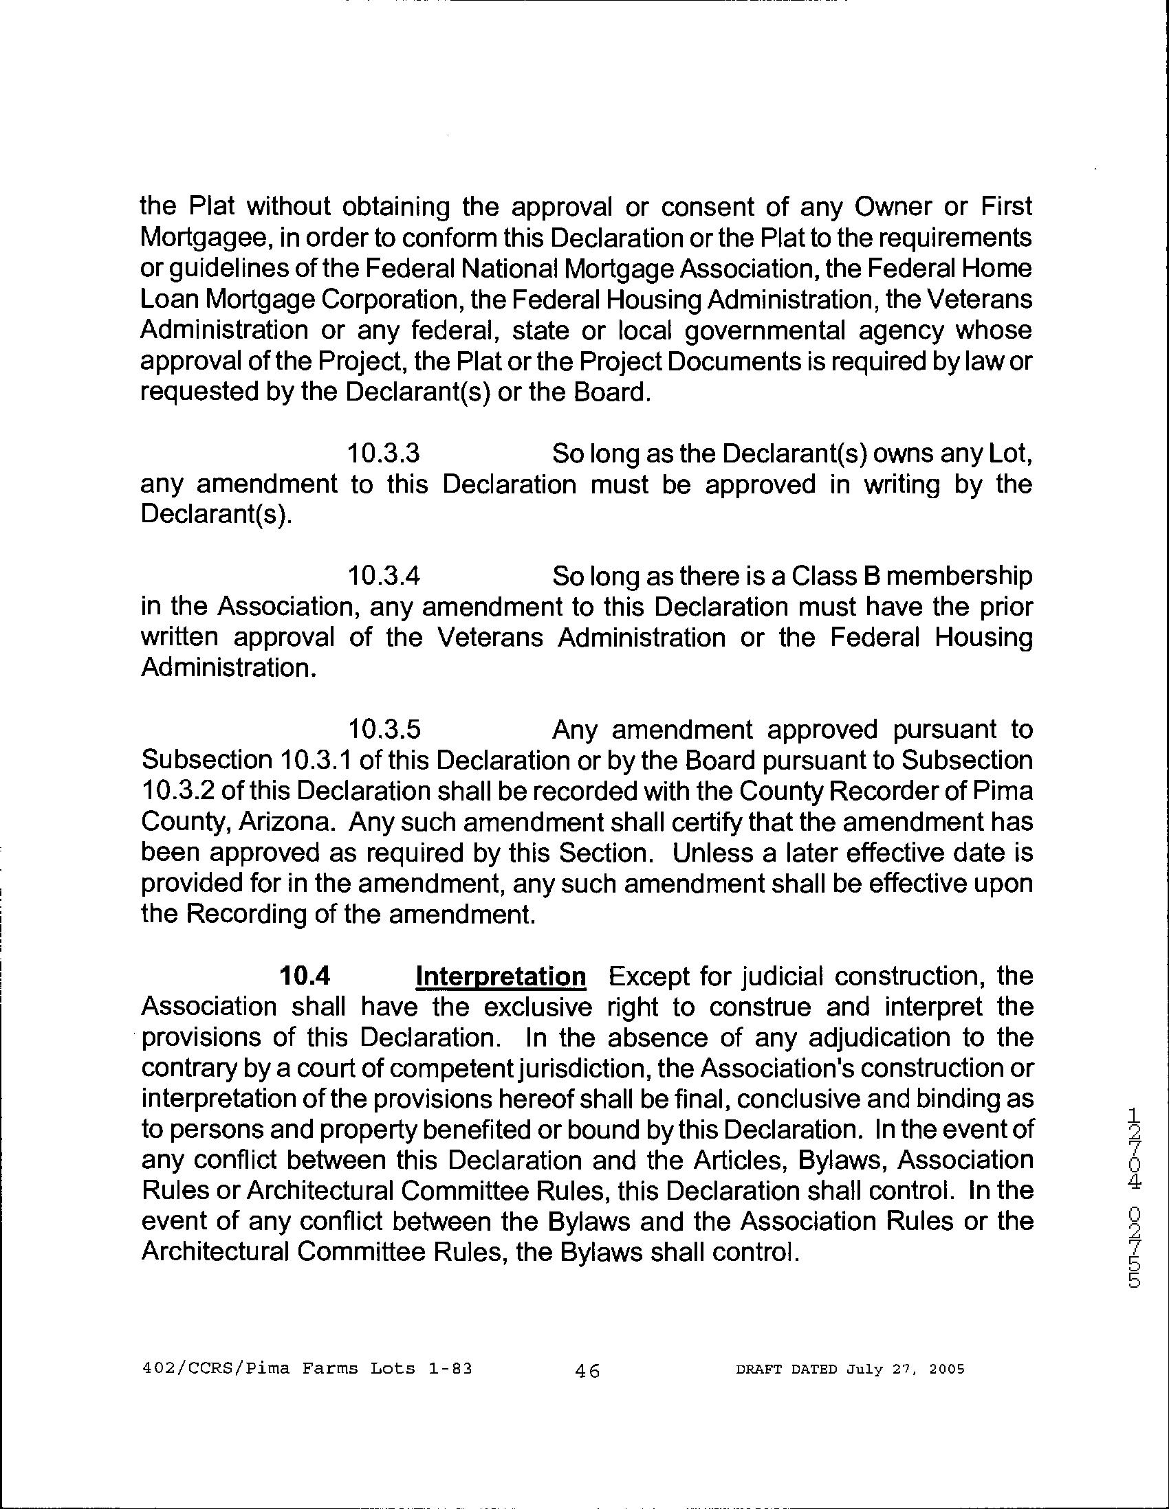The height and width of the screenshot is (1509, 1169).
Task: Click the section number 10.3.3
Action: coord(384,454)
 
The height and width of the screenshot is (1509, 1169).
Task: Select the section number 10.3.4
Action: coord(384,576)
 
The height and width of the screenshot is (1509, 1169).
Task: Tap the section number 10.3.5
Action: coord(384,729)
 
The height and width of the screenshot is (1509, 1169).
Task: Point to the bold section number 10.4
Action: coord(303,976)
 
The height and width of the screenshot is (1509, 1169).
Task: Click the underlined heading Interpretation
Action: coord(501,976)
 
